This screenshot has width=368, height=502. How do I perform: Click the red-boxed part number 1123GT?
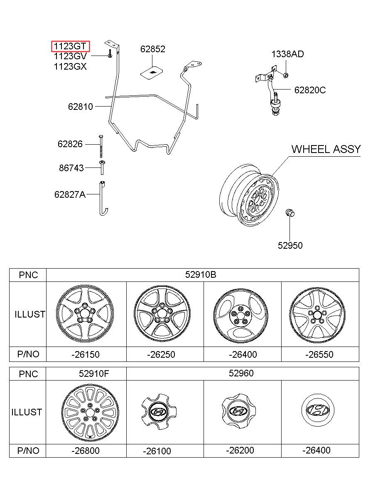(x=70, y=46)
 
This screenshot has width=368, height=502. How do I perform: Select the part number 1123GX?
(x=70, y=67)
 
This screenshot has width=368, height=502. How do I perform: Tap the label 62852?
(x=153, y=49)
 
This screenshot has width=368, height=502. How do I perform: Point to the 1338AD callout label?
(x=287, y=54)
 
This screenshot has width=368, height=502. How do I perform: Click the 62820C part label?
(x=310, y=90)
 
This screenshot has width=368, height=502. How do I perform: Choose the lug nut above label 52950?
(x=290, y=213)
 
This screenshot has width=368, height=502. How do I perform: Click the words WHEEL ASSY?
(x=326, y=149)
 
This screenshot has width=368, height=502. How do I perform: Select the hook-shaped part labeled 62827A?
(x=103, y=199)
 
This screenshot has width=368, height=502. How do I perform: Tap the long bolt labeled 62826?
(x=101, y=147)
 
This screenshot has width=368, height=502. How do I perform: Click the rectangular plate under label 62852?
(x=152, y=73)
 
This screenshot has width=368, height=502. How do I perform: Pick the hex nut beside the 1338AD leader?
(x=286, y=75)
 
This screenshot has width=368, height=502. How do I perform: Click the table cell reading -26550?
(x=319, y=354)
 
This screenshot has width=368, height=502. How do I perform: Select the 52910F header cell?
(x=94, y=373)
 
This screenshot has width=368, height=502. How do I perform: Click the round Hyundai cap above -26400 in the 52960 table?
(x=318, y=410)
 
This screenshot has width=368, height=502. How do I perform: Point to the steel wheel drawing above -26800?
(x=90, y=412)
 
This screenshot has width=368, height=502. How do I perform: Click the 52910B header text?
(x=201, y=274)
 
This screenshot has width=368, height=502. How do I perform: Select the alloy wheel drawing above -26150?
(x=85, y=313)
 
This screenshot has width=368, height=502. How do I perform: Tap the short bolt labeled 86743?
(x=102, y=167)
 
